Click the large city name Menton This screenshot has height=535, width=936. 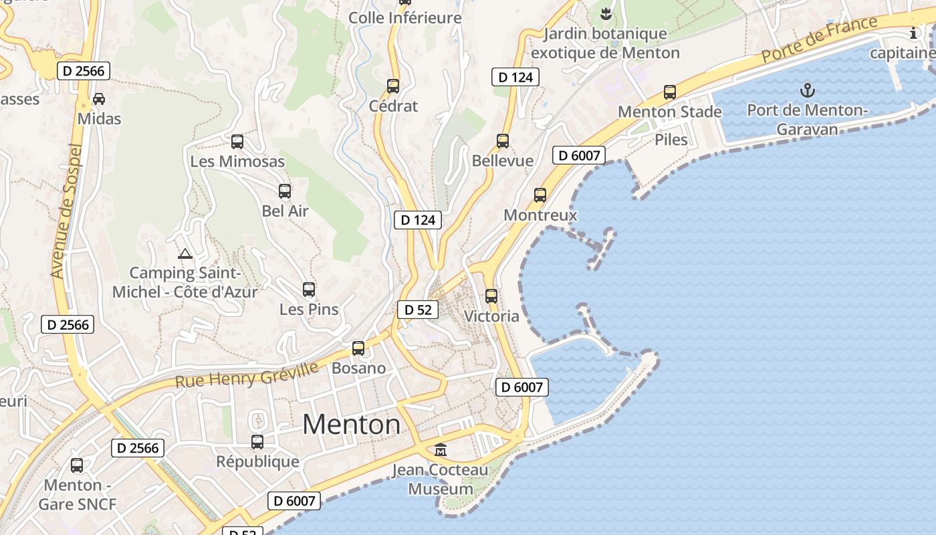(352, 425)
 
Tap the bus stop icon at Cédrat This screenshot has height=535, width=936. (393, 86)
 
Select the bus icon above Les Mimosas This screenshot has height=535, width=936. (237, 142)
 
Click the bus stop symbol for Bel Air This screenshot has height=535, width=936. (285, 191)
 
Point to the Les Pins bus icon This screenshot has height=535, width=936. (309, 290)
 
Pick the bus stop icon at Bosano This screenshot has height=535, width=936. (358, 348)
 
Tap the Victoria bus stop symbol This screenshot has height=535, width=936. (491, 296)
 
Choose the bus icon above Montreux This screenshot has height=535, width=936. (540, 195)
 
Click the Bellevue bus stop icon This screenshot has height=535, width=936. (503, 141)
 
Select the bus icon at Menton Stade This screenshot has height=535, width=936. (670, 92)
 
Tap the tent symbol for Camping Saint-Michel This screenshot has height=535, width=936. (185, 253)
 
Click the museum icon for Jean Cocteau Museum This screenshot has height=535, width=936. (441, 449)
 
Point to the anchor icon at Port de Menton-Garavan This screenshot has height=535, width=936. (808, 90)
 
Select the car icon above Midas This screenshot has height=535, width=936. (99, 99)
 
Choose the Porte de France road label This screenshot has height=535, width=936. (819, 39)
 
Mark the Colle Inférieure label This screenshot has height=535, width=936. (405, 18)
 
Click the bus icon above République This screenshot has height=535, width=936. (257, 442)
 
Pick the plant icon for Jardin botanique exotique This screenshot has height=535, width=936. (606, 13)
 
